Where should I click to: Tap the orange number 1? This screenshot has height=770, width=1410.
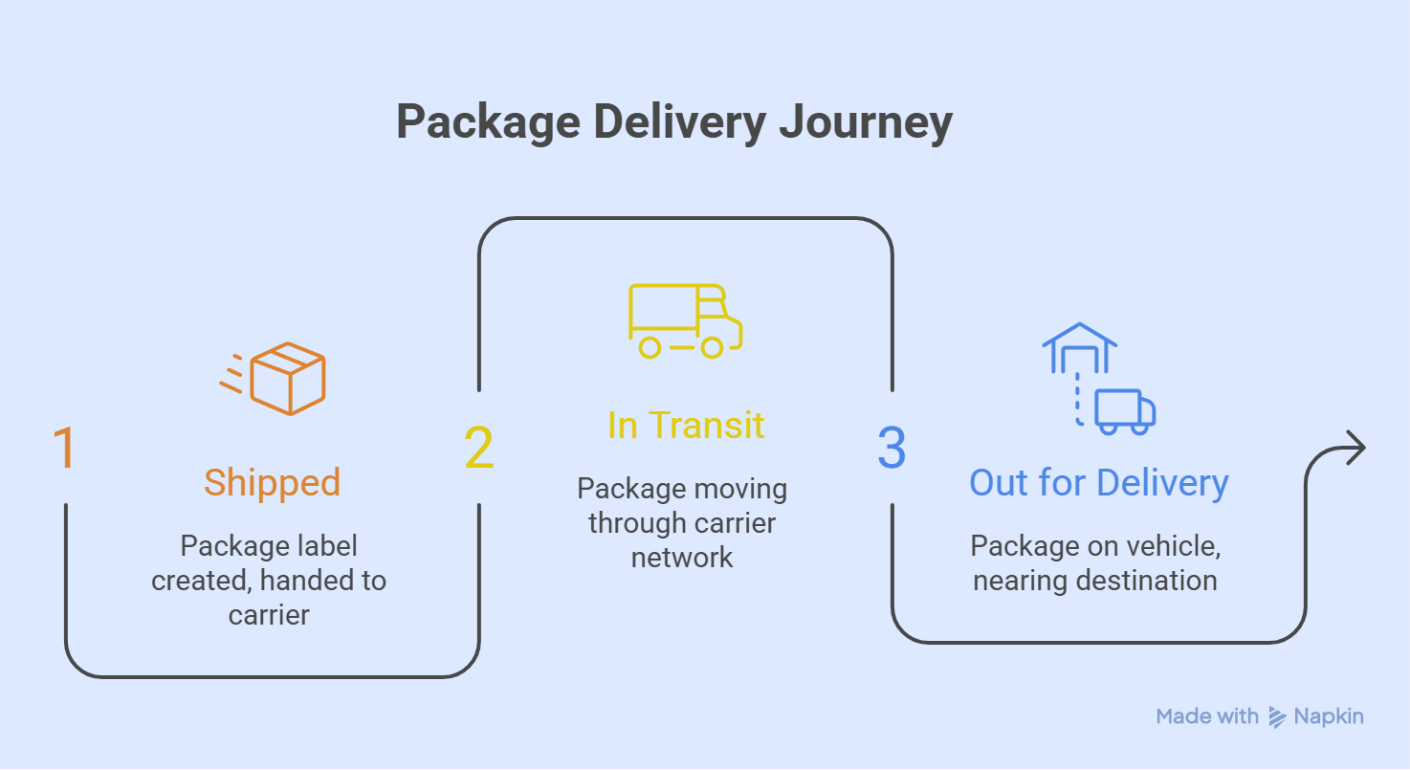tap(64, 449)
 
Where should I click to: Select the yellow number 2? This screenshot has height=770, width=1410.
tap(479, 449)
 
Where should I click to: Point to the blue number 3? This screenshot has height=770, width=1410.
tap(892, 449)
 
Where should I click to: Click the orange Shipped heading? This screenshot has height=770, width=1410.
tap(272, 483)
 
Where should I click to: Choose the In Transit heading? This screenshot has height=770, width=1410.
tap(686, 425)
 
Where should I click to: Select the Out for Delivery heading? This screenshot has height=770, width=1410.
tap(1098, 483)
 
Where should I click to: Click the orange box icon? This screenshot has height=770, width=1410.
tap(287, 379)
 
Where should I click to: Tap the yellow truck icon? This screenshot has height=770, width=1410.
tap(685, 321)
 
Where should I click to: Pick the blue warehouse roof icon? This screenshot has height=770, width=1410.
tap(1079, 337)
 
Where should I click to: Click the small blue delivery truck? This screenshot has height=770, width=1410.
tap(1125, 411)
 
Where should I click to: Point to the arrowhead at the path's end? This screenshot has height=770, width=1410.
tap(1355, 448)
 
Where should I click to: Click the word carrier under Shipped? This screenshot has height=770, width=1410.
tap(269, 614)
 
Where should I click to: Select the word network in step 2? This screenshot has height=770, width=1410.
tap(682, 558)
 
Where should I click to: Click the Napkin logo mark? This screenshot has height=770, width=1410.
tap(1277, 716)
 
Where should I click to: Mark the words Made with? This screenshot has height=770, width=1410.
tap(1207, 716)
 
